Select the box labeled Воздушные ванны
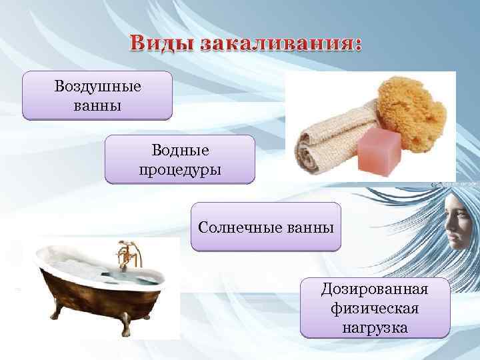tap(97, 96)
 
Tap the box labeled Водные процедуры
tap(180, 159)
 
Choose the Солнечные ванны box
tap(265, 227)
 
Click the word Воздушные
tap(97, 87)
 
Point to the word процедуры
tap(180, 168)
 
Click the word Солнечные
tap(234, 227)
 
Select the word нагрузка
tap(375, 327)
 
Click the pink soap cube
tap(379, 149)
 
